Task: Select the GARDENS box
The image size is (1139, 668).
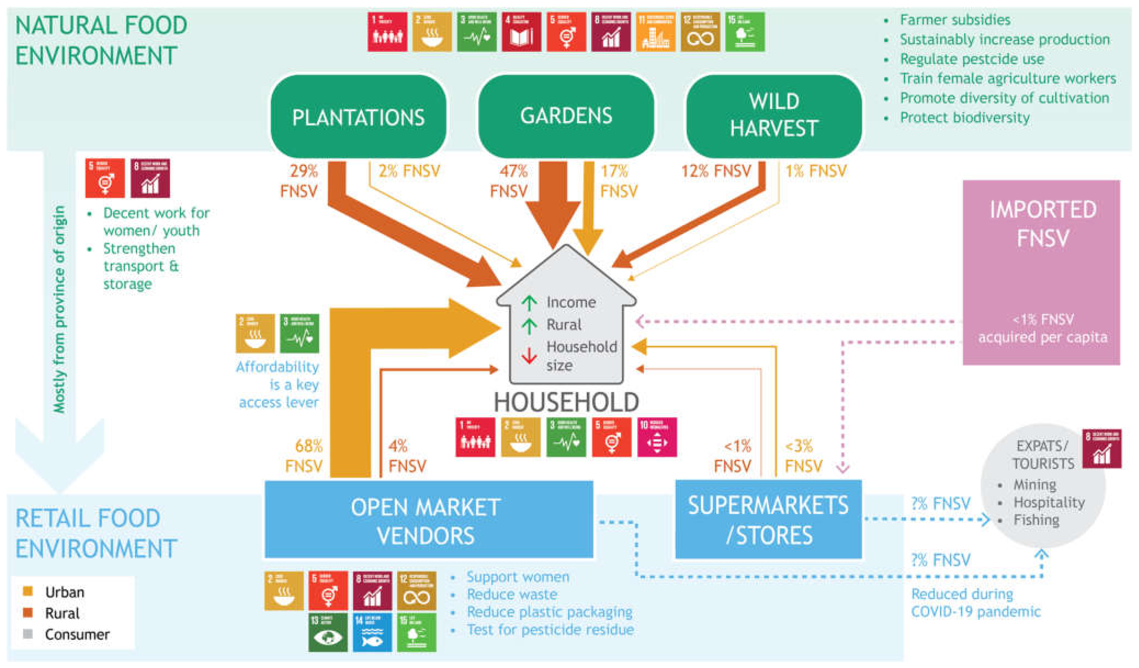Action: tap(566, 116)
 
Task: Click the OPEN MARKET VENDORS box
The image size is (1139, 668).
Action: tap(428, 520)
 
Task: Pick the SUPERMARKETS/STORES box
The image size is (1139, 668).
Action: tap(768, 520)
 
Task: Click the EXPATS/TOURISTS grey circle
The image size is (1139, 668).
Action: tap(1042, 486)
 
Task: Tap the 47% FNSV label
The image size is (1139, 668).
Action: tap(510, 181)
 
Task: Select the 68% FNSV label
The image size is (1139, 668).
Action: tap(305, 455)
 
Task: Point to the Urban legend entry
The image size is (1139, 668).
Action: tap(64, 592)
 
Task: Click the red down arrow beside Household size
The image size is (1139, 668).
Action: tap(529, 355)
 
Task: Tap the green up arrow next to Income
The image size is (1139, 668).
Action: tap(529, 302)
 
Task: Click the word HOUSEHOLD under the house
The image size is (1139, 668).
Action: tap(566, 401)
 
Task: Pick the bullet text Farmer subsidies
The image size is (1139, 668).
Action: tap(955, 20)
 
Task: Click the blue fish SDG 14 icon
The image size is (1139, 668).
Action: tap(372, 632)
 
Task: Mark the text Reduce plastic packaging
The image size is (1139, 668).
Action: tap(549, 612)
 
